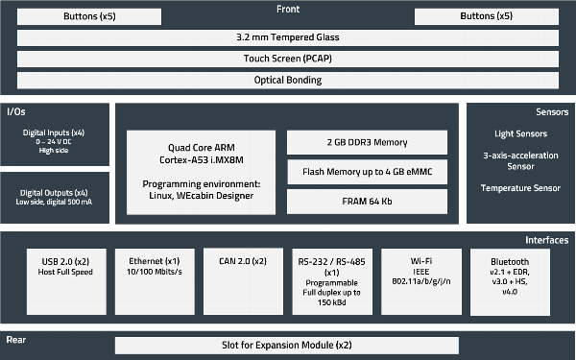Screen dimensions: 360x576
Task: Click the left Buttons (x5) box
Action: click(86, 16)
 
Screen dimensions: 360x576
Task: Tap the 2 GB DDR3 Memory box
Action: click(368, 142)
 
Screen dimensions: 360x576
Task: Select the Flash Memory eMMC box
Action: click(368, 173)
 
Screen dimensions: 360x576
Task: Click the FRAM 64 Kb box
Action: click(368, 203)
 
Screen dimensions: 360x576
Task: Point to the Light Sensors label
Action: click(520, 132)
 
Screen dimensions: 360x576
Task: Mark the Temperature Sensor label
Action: click(520, 188)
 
